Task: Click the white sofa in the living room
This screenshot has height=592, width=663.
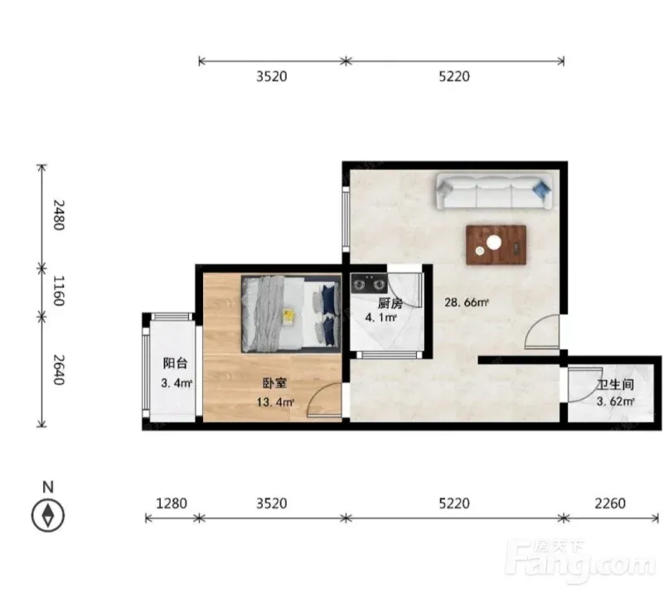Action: pos(494,191)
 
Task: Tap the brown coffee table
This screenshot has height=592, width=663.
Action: pos(496,245)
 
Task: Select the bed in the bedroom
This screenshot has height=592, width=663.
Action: pos(291,314)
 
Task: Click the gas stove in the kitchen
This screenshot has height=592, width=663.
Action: pos(369,283)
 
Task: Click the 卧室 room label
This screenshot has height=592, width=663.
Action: pos(275,383)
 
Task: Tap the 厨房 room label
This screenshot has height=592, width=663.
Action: pos(390,303)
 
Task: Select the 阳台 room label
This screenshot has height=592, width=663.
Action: pos(175,363)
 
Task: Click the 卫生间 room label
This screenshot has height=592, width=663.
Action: pos(615,384)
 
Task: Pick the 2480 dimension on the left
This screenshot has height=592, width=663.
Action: pos(58,214)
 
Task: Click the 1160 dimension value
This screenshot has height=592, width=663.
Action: pos(58,291)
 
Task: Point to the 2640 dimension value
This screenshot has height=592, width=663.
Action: pos(58,370)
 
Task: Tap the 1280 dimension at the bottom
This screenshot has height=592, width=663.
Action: pos(172,503)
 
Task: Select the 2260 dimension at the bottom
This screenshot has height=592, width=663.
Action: pos(610,503)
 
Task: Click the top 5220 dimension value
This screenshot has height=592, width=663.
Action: pos(454,76)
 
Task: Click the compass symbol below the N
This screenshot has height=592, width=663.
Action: pos(48,516)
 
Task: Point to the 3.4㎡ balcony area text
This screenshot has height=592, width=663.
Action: pos(177,383)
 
